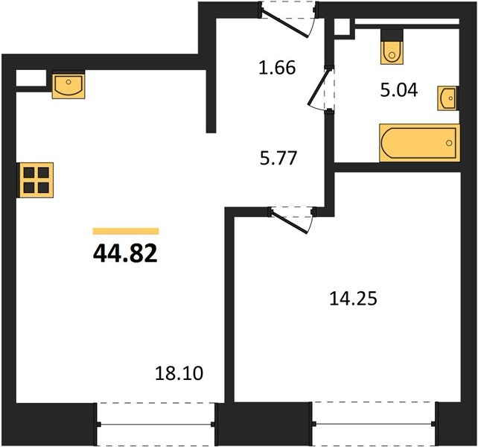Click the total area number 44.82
tap(125, 254)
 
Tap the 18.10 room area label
tap(179, 373)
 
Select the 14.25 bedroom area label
tap(354, 299)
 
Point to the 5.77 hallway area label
tap(278, 159)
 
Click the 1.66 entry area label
tap(277, 68)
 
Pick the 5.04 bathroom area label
tap(399, 90)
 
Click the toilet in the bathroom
tap(392, 47)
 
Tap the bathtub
tap(419, 142)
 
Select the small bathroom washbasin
tap(448, 98)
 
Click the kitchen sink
tap(68, 84)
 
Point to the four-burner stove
tap(35, 180)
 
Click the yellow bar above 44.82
tap(126, 231)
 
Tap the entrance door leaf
tap(285, 25)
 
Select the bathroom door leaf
tap(319, 86)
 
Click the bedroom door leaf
tap(290, 222)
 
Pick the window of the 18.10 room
tap(156, 424)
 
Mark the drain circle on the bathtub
tap(449, 143)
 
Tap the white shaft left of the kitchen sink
tap(31, 78)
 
